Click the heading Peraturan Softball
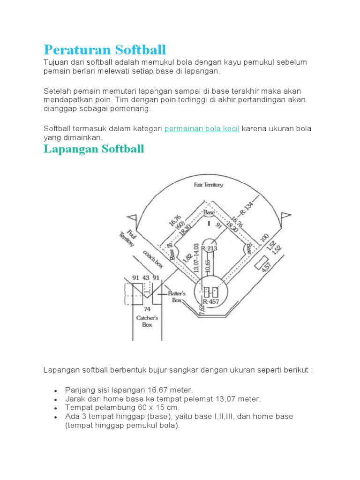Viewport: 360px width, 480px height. coord(105,49)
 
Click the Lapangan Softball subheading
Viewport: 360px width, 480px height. coord(94,149)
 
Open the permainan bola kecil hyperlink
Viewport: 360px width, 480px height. coord(202,129)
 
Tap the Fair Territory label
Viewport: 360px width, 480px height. coord(209,185)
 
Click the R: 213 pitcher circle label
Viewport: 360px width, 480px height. coord(210,248)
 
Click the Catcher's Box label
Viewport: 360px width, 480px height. coord(147,321)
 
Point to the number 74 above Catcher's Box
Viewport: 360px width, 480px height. coord(147,309)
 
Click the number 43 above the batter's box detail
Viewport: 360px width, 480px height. coord(146,277)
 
